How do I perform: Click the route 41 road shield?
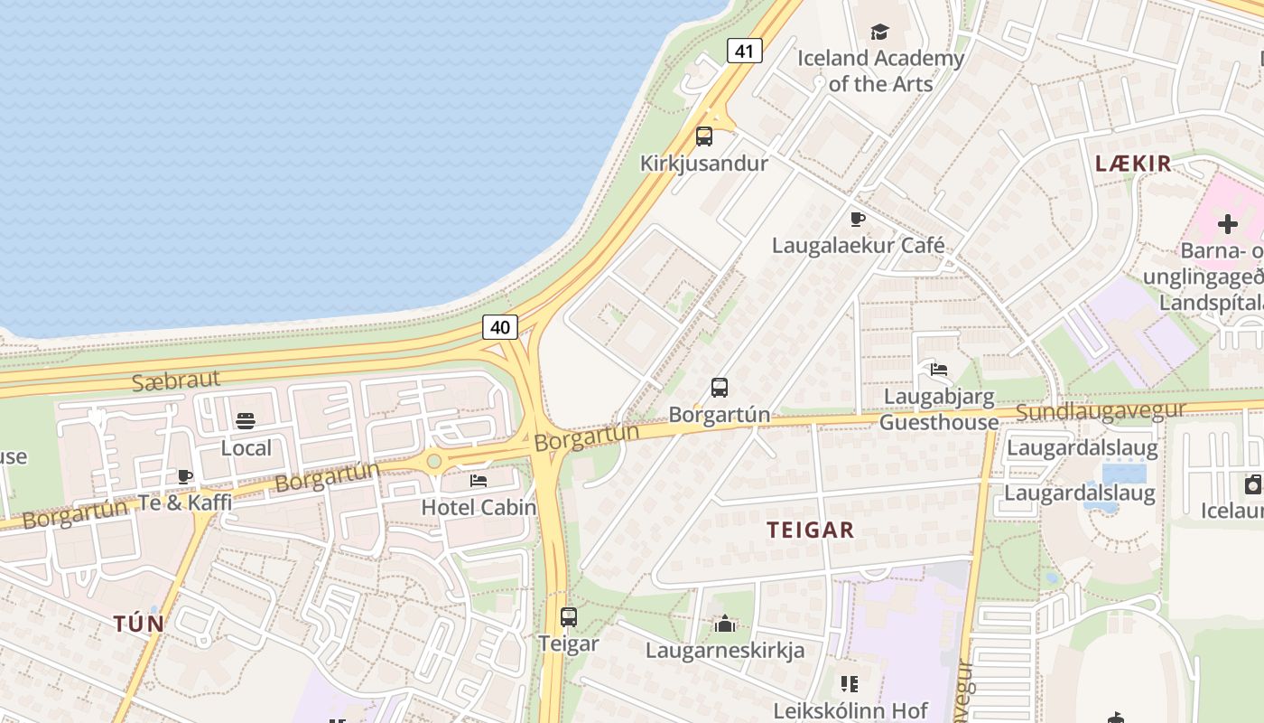click(744, 51)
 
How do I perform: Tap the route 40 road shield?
click(500, 326)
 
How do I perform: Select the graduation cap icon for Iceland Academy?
click(879, 33)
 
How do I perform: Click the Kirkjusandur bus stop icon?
click(704, 136)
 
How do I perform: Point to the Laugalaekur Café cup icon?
click(858, 219)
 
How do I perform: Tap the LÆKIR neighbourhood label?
click(1133, 164)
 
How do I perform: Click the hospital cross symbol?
click(1228, 223)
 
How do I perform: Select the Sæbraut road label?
click(175, 380)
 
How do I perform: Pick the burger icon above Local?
click(246, 420)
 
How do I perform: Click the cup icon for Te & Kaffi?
click(185, 476)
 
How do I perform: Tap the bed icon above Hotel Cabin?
click(479, 480)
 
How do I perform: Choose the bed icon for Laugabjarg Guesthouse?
click(939, 369)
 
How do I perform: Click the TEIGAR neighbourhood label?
click(811, 530)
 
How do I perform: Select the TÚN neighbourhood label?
click(139, 624)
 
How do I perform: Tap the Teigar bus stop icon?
click(569, 617)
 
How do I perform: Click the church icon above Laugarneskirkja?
click(724, 624)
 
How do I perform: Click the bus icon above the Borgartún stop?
click(720, 388)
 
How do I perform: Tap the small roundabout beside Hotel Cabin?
click(434, 462)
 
